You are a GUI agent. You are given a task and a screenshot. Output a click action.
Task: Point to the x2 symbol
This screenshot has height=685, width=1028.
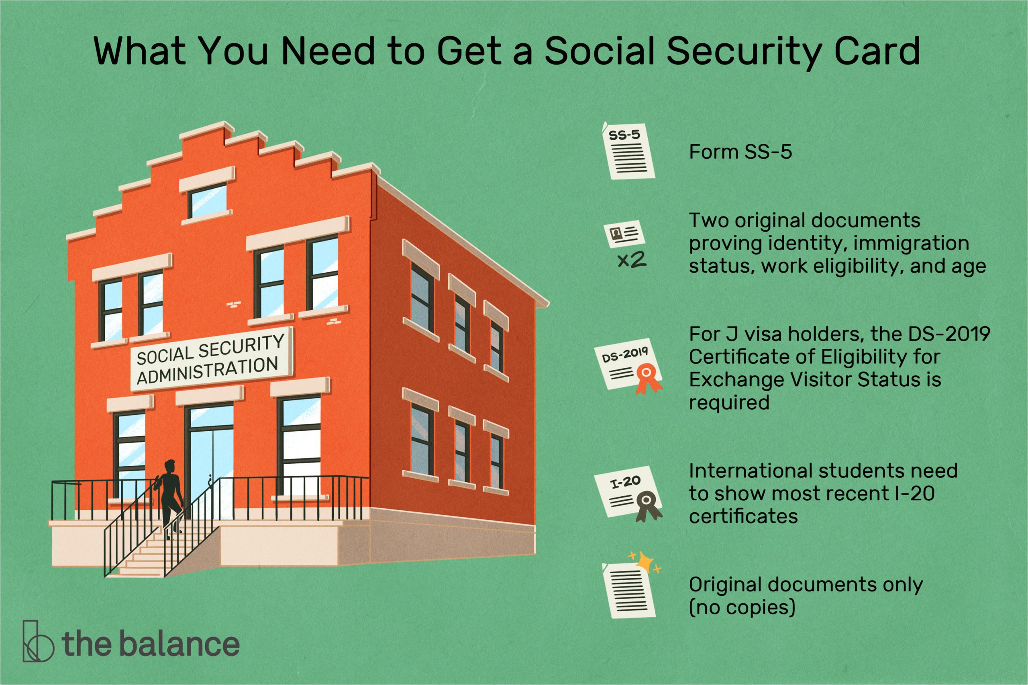(x=632, y=261)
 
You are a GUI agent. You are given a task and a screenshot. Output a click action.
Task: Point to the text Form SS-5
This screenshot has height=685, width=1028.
(x=740, y=152)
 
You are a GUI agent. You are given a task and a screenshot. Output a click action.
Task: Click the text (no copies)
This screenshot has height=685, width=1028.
(x=742, y=607)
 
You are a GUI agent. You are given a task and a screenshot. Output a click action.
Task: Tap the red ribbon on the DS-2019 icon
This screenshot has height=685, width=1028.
(x=648, y=377)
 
